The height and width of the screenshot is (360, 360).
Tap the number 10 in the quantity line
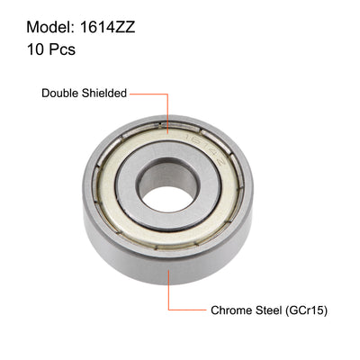[x=22, y=50]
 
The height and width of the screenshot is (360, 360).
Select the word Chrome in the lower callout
[x=233, y=310]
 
